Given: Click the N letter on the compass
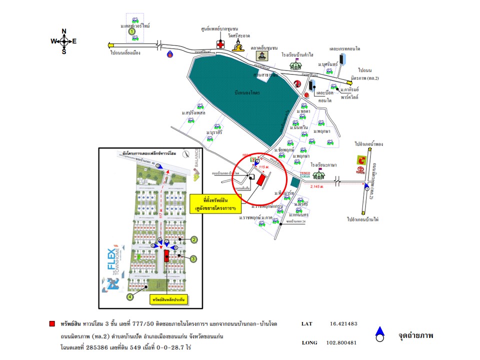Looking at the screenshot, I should click(64, 31).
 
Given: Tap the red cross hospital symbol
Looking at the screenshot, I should click(220, 44).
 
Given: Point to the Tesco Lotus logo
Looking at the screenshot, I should click(305, 175).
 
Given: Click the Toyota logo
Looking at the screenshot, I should click(361, 160).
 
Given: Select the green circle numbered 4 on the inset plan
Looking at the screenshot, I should click(130, 297).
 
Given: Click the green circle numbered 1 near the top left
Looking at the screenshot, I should click(132, 31).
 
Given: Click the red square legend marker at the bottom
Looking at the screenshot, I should click(52, 323).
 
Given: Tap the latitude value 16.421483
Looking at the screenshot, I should click(343, 323).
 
